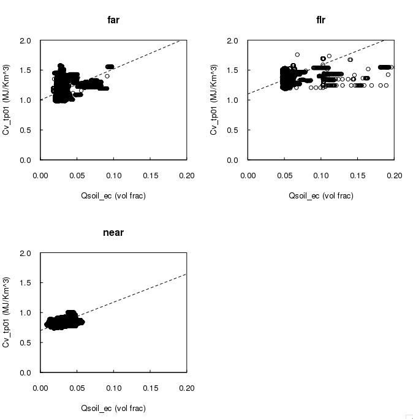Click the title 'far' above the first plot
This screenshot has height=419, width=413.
113,20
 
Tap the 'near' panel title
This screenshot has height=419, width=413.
113,233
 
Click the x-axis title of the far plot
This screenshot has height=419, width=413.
113,195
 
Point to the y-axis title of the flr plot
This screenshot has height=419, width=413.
214,100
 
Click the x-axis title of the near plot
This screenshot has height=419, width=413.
113,408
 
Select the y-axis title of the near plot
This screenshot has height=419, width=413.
7,313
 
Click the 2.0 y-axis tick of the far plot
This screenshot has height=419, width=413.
26,41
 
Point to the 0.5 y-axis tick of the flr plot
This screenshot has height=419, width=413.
234,130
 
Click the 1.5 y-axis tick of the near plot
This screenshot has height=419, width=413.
26,283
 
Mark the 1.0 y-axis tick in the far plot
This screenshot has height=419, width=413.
26,100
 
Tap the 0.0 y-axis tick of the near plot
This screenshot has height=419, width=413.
26,372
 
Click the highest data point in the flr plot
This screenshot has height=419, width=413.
297,55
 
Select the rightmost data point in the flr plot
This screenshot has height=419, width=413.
392,67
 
